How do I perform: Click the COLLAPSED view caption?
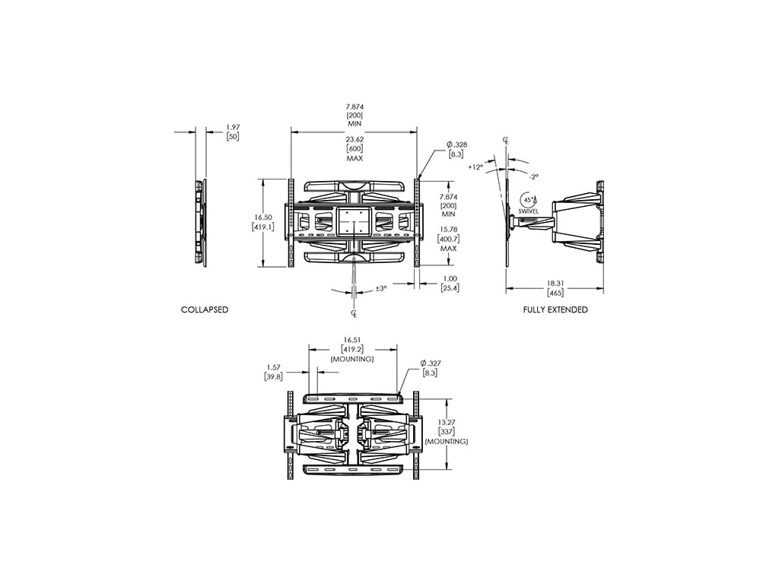pyautogui.click(x=205, y=309)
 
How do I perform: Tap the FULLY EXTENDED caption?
pyautogui.click(x=555, y=309)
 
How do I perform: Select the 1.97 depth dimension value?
pyautogui.click(x=233, y=127)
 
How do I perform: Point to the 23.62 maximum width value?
pyautogui.click(x=355, y=140)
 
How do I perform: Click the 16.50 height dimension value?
pyautogui.click(x=262, y=217)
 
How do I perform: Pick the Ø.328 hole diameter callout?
pyautogui.click(x=456, y=144)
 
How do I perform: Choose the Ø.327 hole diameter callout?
pyautogui.click(x=431, y=363)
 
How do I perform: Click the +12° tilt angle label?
pyautogui.click(x=475, y=167)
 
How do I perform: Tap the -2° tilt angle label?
pyautogui.click(x=533, y=176)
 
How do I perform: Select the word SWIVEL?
pyautogui.click(x=528, y=211)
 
